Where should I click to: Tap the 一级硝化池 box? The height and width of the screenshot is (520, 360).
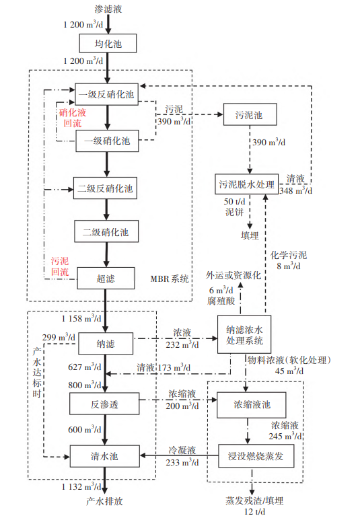point(106,141)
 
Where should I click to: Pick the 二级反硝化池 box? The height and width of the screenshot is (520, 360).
point(106,188)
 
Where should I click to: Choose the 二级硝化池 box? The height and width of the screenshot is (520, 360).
point(106,233)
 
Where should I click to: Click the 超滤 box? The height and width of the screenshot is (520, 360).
point(106,278)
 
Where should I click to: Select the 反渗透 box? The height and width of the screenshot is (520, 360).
point(106,406)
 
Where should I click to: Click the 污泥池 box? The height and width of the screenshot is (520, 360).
point(250,115)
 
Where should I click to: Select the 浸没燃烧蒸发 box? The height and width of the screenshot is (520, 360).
point(250,455)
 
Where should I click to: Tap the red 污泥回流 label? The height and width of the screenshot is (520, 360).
point(60,266)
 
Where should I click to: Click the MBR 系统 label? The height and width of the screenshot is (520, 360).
point(170,278)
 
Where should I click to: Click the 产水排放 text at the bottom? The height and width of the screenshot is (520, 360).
point(105,502)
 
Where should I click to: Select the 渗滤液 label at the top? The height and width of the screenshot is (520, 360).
point(106,9)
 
